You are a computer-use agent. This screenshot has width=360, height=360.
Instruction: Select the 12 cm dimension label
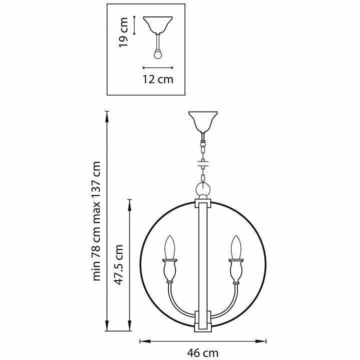(158, 79)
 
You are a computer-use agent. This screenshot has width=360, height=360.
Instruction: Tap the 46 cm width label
(204, 353)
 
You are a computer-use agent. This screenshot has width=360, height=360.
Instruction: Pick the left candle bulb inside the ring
(170, 247)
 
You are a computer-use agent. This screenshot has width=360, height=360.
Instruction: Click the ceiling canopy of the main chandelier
(203, 120)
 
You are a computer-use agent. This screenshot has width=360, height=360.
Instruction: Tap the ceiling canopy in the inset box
(158, 25)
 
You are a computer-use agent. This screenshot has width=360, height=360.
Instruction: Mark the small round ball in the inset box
(158, 54)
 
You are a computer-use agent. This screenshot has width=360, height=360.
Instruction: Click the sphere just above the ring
(203, 190)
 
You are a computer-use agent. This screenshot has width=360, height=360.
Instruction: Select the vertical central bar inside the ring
(203, 260)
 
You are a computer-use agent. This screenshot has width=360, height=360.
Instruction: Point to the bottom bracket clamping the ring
(203, 320)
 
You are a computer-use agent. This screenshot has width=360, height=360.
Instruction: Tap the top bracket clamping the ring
(203, 204)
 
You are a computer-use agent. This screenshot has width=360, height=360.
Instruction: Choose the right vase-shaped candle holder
(235, 272)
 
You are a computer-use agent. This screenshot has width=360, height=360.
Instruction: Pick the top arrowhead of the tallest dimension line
(107, 113)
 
